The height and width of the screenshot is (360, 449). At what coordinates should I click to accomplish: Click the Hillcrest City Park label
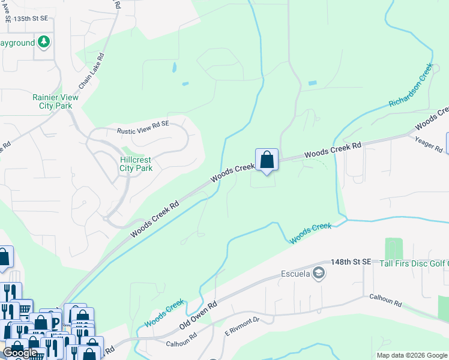click(x=136, y=164)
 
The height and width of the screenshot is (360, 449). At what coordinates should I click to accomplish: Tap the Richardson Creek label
click(x=411, y=88)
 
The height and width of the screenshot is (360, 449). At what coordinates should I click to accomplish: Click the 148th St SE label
click(x=354, y=263)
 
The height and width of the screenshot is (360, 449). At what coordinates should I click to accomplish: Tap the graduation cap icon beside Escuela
click(x=320, y=274)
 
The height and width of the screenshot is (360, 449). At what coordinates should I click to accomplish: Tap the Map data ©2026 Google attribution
click(x=411, y=355)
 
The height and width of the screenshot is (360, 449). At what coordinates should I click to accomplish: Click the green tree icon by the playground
click(x=43, y=42)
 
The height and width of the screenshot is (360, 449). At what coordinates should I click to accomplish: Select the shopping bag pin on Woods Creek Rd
click(x=267, y=160)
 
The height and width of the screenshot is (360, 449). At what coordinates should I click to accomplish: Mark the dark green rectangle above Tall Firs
click(x=393, y=248)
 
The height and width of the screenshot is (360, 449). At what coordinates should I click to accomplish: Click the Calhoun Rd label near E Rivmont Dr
click(x=181, y=340)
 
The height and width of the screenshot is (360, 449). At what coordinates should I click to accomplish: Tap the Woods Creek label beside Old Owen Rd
click(x=164, y=314)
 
